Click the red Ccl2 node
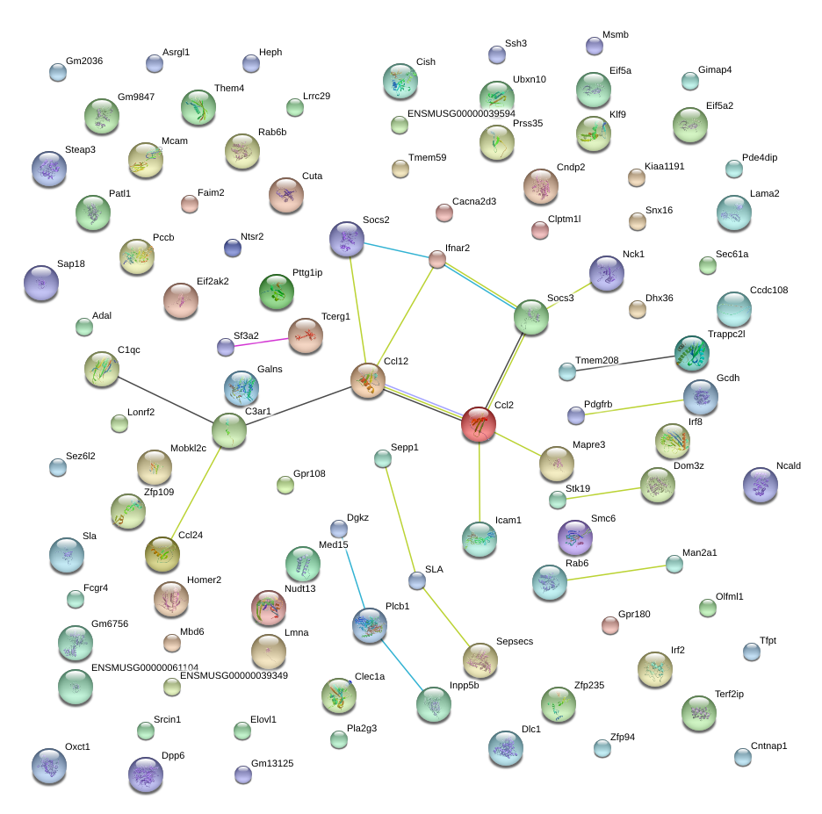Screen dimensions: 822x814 (479, 424)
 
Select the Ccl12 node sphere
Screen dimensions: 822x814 (368, 380)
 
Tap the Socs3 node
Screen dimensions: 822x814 (531, 317)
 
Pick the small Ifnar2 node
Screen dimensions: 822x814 (437, 259)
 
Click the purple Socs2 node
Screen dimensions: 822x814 (347, 239)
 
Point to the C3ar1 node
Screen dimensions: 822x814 (229, 430)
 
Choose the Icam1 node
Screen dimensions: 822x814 (479, 539)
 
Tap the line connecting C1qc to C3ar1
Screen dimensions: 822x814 (166, 400)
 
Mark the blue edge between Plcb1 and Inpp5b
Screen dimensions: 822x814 (401, 665)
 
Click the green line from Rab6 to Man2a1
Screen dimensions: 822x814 (616, 573)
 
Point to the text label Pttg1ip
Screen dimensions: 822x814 (307, 272)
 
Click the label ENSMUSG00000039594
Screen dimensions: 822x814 (461, 113)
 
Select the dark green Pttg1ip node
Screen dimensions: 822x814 (277, 292)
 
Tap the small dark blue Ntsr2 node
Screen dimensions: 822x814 (232, 248)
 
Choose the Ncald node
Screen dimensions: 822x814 (761, 485)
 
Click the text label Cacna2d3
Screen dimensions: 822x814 (474, 201)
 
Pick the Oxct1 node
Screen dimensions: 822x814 (49, 765)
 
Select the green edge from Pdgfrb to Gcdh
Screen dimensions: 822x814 (634, 407)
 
